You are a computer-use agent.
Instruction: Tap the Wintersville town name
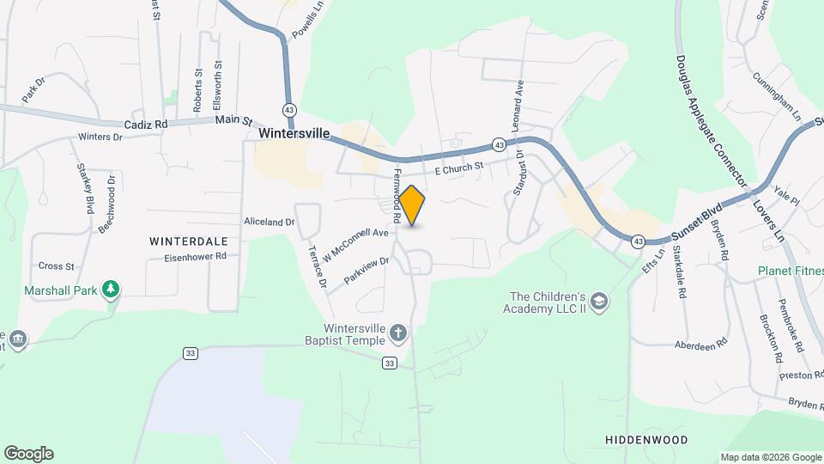pyautogui.click(x=294, y=135)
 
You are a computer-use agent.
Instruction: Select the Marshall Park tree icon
pyautogui.click(x=111, y=290)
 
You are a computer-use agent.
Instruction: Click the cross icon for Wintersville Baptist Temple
pyautogui.click(x=397, y=332)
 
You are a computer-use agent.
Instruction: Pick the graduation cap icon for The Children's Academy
pyautogui.click(x=598, y=300)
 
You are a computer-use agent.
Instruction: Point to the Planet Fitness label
pyautogui.click(x=790, y=271)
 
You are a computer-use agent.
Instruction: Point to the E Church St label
pyautogui.click(x=459, y=168)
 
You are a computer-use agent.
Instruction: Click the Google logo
pyautogui.click(x=28, y=454)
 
